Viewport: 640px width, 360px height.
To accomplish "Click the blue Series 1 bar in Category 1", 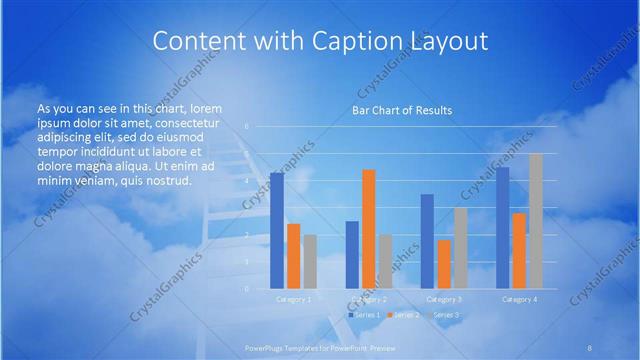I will [277, 231].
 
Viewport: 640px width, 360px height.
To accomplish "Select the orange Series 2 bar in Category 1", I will [293, 256].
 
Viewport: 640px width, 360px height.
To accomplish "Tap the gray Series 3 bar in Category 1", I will [310, 262].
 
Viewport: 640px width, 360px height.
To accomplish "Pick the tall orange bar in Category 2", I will [369, 229].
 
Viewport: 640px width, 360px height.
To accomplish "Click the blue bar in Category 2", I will [352, 255].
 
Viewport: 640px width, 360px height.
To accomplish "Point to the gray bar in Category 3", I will [460, 248].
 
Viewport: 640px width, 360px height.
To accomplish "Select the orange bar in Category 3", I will [444, 264].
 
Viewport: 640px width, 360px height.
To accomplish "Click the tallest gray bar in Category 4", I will [536, 221].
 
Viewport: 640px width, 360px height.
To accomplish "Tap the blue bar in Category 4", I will [503, 228].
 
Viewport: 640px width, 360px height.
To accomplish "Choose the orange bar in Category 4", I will [519, 251].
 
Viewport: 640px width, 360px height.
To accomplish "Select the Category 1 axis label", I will [294, 299].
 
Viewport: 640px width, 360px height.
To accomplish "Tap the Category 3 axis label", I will [444, 299].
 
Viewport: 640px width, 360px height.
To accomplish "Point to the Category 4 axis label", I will [519, 299].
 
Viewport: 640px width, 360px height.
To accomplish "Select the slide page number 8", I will [590, 347].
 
